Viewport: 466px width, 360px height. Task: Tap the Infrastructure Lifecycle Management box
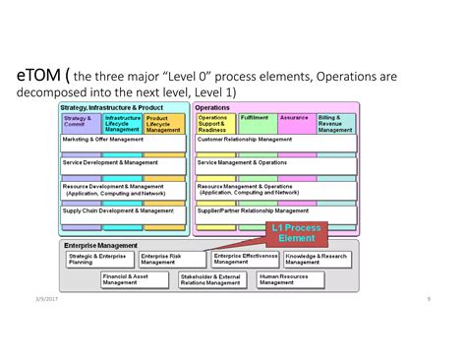(123, 122)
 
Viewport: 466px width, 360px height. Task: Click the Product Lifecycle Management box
(164, 122)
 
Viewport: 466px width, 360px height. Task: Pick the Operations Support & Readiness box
(215, 122)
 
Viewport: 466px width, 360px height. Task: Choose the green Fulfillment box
(257, 122)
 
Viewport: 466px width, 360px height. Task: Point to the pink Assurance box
(296, 122)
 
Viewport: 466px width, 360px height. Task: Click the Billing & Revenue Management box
(336, 122)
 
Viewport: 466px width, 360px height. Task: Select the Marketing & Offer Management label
(105, 140)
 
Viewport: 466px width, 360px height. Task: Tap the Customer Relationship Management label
(245, 140)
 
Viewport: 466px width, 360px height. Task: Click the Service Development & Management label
(109, 162)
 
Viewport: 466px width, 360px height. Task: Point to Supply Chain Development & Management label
(118, 210)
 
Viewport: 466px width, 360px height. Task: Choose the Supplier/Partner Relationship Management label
(253, 210)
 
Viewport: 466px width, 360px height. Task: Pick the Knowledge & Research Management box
(317, 259)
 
